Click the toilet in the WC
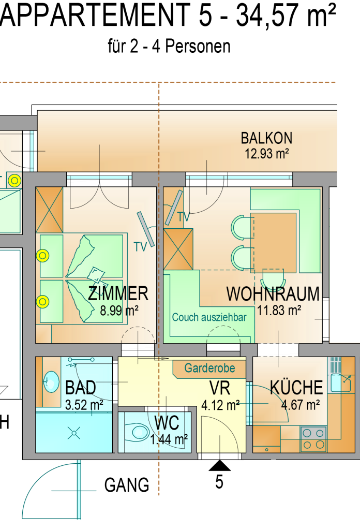(138, 432)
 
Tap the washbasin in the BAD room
(51, 382)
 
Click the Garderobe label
(209, 368)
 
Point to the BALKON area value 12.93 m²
(266, 154)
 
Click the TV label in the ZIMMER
(140, 247)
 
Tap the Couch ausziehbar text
(209, 317)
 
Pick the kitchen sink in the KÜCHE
(340, 382)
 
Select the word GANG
(127, 485)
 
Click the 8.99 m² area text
(119, 311)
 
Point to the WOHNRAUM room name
(273, 294)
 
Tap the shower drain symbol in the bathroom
(73, 433)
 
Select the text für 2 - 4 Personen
(169, 46)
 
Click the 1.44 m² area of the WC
(169, 440)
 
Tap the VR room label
(220, 388)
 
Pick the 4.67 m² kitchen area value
(301, 405)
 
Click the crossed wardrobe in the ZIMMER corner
(49, 210)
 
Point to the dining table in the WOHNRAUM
(273, 243)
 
